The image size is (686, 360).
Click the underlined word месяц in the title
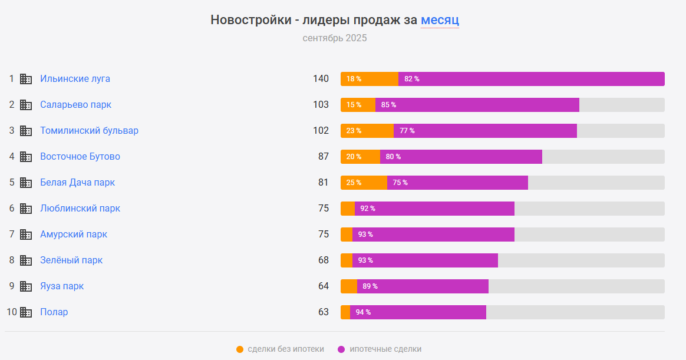coord(439,20)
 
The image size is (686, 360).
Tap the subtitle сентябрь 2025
coord(334,38)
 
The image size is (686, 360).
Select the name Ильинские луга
coord(75,79)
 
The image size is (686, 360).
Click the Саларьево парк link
coord(75,105)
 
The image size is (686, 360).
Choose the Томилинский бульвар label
coord(89,131)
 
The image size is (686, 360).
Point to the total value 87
coord(323,157)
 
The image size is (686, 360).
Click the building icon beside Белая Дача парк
coord(26,183)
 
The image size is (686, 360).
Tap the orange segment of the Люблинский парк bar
coord(348,209)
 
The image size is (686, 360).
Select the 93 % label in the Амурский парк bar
coord(365,235)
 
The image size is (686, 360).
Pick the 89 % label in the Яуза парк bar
coord(370,286)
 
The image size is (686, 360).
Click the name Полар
coord(54,312)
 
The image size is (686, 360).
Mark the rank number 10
coord(12,312)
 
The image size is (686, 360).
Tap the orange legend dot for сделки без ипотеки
coord(240,349)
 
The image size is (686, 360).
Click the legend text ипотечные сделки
coord(385,349)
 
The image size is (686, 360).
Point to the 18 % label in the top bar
coord(354,79)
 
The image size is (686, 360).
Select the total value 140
coord(321,79)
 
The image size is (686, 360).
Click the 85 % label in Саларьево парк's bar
coord(388,105)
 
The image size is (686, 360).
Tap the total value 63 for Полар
coord(323,312)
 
